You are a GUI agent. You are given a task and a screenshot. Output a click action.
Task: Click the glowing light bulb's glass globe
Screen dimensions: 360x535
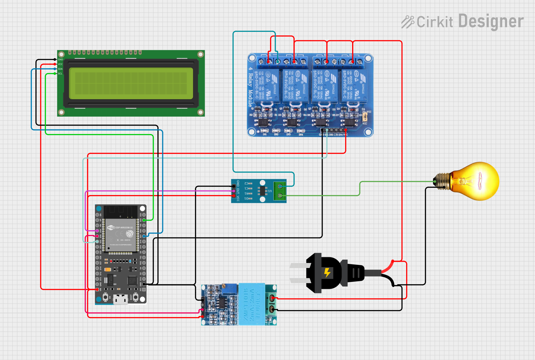[478, 181]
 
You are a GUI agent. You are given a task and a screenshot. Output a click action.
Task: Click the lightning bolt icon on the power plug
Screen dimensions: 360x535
[327, 273]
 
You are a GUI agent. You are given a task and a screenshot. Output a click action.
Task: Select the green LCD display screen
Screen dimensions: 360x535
[131, 83]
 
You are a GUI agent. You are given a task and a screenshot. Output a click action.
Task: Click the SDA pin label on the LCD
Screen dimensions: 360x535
[60, 69]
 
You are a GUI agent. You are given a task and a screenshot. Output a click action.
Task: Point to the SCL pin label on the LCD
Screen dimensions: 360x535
[60, 74]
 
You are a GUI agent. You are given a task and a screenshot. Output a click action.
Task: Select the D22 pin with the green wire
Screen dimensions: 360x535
[144, 220]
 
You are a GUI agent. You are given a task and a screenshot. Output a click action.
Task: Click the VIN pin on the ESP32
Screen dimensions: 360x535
[97, 289]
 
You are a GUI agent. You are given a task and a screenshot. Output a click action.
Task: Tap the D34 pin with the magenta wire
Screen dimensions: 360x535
[97, 231]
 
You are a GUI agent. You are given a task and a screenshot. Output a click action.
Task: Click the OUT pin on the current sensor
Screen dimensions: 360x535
[234, 191]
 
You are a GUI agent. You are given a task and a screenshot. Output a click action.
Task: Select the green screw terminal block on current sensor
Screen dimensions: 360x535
[280, 191]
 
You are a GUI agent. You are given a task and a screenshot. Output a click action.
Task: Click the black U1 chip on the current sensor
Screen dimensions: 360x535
[262, 191]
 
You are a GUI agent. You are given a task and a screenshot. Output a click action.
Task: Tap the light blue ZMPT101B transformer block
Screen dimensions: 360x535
[252, 304]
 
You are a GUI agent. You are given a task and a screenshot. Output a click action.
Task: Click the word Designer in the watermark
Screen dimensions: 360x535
[491, 22]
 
